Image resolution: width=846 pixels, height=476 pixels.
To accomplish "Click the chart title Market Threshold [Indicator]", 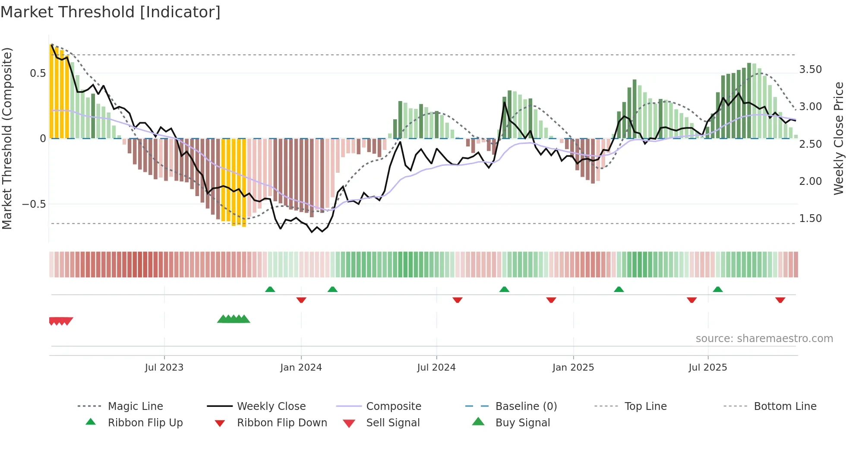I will [x=110, y=12].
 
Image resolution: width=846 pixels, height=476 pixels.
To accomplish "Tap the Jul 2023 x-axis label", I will [x=164, y=368].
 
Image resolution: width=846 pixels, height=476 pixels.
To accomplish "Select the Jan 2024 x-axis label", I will [x=301, y=368].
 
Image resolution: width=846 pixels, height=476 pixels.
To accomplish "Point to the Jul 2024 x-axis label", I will [x=436, y=368].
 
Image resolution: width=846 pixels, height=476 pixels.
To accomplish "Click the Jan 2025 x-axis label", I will [x=573, y=368].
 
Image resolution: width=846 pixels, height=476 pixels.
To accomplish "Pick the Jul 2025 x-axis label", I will [x=707, y=368].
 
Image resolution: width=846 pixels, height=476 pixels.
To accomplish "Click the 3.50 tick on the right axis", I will [x=810, y=70].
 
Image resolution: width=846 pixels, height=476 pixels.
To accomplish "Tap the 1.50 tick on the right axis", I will [x=810, y=219].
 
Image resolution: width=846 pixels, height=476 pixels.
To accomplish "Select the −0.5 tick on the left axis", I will [x=34, y=204].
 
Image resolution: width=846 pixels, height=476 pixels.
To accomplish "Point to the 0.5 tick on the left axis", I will [x=38, y=73].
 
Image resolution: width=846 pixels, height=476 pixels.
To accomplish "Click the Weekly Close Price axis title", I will [x=838, y=138].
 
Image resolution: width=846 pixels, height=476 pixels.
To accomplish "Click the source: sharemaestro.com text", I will [x=764, y=339].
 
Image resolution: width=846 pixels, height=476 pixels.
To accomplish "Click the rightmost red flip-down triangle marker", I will [x=780, y=300].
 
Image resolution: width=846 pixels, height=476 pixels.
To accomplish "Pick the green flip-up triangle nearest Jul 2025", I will [x=717, y=289].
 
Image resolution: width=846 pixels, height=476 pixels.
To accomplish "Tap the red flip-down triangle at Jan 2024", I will [x=301, y=300].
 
